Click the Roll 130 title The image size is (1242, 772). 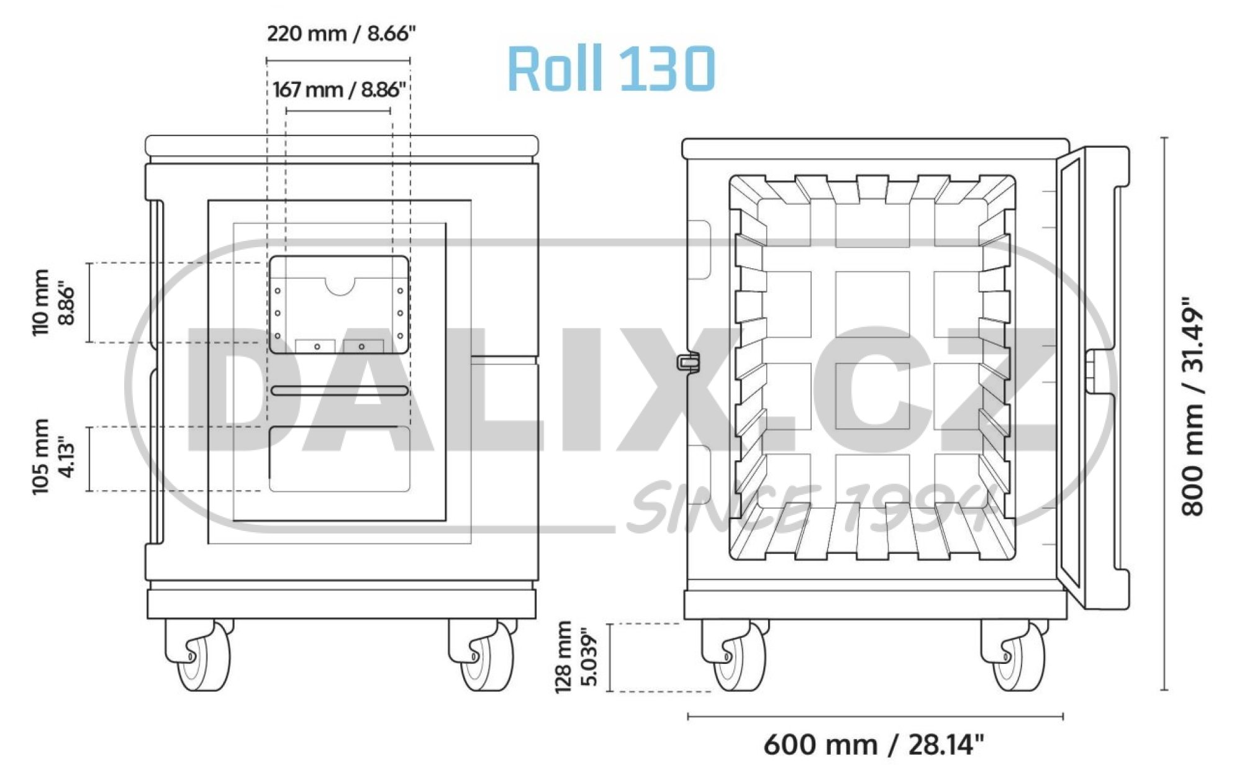tap(611, 68)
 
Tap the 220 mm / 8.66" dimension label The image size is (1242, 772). tap(341, 33)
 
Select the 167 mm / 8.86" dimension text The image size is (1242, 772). tap(339, 89)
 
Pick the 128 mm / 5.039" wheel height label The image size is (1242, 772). tap(577, 656)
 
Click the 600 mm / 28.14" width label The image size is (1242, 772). tap(874, 744)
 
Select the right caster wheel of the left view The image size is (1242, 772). tap(484, 655)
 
